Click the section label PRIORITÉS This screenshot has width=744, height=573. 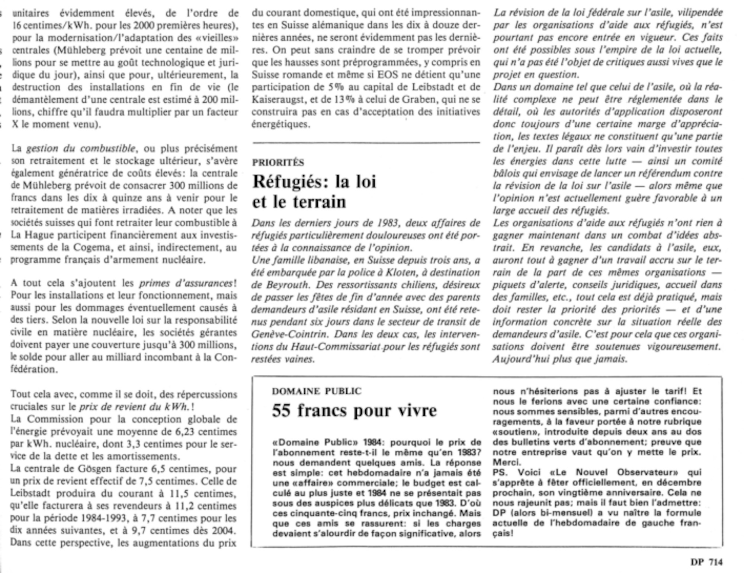[x=278, y=163]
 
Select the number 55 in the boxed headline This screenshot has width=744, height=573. [x=281, y=411]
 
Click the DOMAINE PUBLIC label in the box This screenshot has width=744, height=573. [x=317, y=391]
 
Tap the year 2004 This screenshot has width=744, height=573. [x=225, y=530]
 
